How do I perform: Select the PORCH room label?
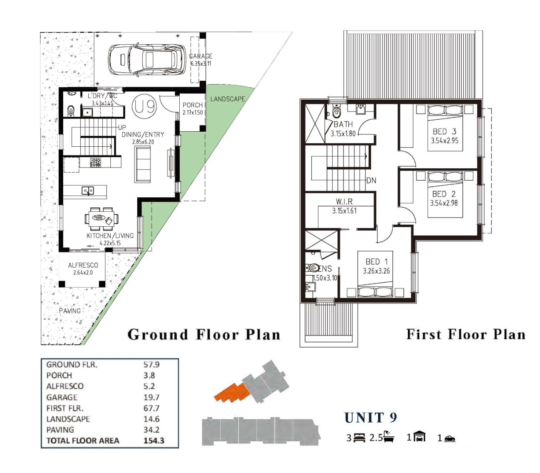(193, 105)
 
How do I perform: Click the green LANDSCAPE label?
(228, 99)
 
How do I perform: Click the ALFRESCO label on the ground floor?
(83, 265)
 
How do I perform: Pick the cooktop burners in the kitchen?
(95, 162)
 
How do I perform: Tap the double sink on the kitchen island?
(88, 190)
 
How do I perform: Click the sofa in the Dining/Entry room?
(143, 164)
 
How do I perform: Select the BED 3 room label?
(444, 132)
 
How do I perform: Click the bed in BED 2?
(445, 195)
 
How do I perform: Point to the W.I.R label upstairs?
(344, 202)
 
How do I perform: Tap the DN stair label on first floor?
(371, 181)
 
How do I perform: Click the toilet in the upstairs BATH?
(336, 112)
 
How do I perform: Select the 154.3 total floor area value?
(154, 441)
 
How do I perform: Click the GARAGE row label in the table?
(62, 397)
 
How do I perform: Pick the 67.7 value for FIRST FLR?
(152, 408)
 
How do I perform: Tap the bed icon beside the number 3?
(359, 438)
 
